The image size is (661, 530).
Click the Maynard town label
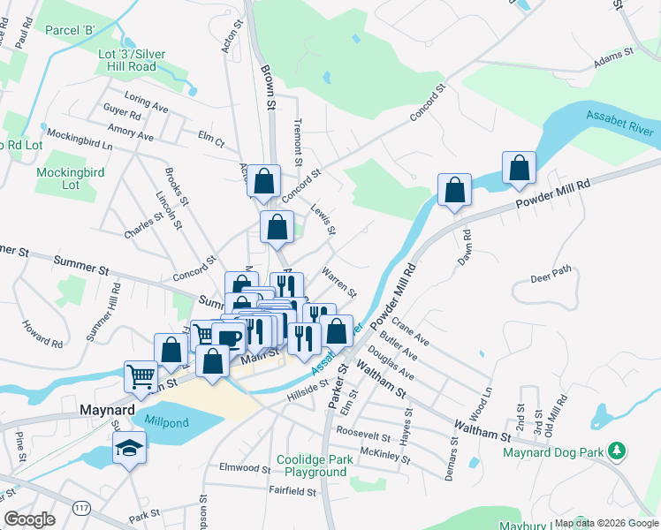point(106,410)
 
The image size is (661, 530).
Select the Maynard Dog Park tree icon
point(618,452)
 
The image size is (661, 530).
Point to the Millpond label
point(167,423)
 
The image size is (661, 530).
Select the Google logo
point(30,519)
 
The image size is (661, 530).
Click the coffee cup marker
point(229,337)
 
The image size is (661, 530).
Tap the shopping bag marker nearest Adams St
point(519,168)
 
